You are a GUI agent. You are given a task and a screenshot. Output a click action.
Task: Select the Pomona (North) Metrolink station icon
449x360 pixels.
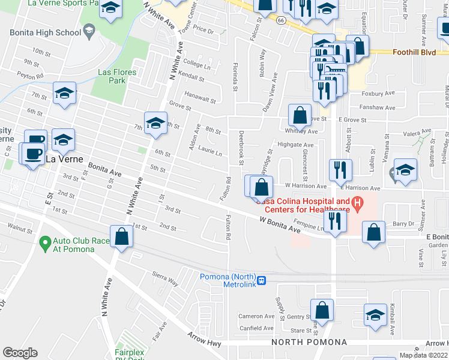pyautogui.click(x=261, y=280)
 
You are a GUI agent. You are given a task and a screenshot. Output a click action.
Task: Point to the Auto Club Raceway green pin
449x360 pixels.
pyautogui.click(x=44, y=243)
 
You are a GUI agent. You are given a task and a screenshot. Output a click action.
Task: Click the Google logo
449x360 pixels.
pyautogui.click(x=20, y=353)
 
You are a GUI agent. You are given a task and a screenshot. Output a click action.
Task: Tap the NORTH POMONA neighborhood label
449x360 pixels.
pyautogui.click(x=309, y=342)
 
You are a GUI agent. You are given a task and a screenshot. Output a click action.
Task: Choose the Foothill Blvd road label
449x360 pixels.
pyautogui.click(x=414, y=52)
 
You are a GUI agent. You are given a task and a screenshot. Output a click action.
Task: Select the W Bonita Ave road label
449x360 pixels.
pyautogui.click(x=279, y=225)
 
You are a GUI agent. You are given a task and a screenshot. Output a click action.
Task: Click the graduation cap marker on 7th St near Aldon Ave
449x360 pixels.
pyautogui.click(x=155, y=122)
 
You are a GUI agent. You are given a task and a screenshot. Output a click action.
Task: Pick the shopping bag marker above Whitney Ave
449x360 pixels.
pyautogui.click(x=300, y=114)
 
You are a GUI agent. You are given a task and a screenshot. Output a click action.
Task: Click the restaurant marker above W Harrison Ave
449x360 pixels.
pyautogui.click(x=340, y=170)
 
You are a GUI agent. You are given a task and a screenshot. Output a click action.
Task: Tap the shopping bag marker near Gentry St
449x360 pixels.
pyautogui.click(x=322, y=310)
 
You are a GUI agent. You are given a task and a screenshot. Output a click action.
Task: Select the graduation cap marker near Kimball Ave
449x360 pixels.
pyautogui.click(x=376, y=314)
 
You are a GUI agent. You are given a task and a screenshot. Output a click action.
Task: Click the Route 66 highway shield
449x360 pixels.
pyautogui.click(x=281, y=20)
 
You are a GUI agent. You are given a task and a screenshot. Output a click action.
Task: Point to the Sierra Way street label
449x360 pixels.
pyautogui.click(x=166, y=278)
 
